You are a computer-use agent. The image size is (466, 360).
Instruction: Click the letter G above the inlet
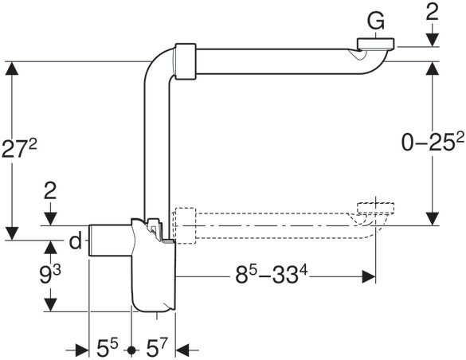click(x=376, y=22)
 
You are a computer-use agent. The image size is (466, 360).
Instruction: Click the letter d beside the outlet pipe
click(x=76, y=241)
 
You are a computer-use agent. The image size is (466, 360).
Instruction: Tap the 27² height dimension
click(x=19, y=148)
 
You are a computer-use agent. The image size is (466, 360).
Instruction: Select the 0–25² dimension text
click(x=429, y=142)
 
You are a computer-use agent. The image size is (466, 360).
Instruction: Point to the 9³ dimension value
click(x=50, y=275)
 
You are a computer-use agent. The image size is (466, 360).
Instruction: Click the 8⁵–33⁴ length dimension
click(x=272, y=275)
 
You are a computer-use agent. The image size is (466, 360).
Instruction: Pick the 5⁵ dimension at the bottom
click(x=108, y=348)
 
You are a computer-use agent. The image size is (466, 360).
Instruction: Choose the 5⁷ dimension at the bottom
click(x=157, y=348)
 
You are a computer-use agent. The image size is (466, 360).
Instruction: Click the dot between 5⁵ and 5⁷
click(x=131, y=350)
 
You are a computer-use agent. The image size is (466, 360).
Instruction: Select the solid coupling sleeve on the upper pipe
click(x=186, y=61)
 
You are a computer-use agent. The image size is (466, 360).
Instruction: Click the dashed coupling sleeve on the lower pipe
click(x=186, y=225)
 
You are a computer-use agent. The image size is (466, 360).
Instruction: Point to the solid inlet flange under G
click(x=376, y=43)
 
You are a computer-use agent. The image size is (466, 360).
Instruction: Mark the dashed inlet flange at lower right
click(x=376, y=208)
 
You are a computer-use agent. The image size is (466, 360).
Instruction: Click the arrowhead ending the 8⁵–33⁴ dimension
click(x=369, y=276)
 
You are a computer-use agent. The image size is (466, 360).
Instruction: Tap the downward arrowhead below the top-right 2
click(x=432, y=40)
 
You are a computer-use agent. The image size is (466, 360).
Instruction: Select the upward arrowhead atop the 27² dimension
click(x=12, y=68)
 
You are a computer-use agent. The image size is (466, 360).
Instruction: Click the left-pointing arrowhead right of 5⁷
click(x=182, y=350)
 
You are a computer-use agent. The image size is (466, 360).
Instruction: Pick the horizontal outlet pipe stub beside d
click(x=110, y=241)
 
